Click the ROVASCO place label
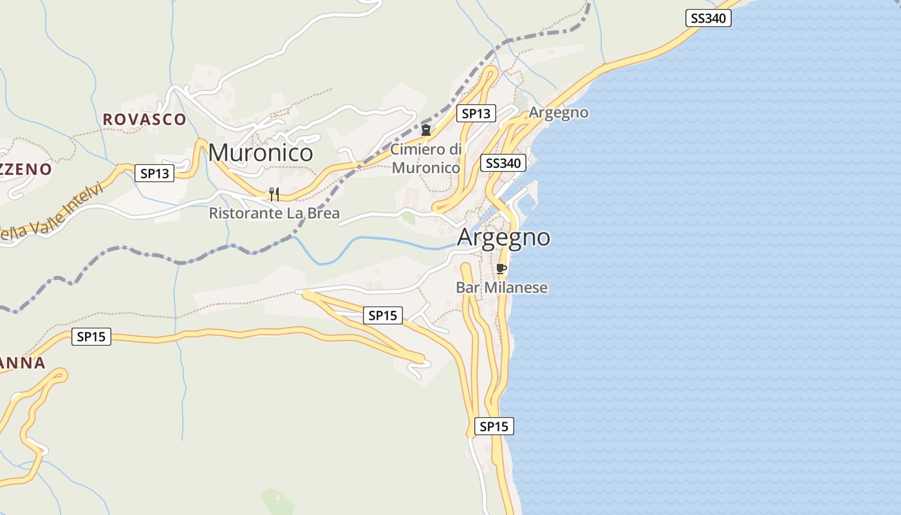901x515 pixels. (144, 119)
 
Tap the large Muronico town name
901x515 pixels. (261, 153)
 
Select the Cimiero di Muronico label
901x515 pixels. (426, 158)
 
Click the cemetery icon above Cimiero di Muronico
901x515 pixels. (425, 131)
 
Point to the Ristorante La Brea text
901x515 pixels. (274, 213)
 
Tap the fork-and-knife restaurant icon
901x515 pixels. (274, 194)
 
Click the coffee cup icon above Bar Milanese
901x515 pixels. (501, 268)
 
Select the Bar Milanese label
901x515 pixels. (501, 287)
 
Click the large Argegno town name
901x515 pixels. (503, 237)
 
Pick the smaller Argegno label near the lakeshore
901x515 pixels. (559, 113)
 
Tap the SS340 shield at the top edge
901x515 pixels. (708, 18)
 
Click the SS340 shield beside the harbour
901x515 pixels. (503, 163)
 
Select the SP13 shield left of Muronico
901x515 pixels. (154, 173)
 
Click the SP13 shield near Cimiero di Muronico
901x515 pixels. (476, 114)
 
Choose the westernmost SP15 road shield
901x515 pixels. (91, 336)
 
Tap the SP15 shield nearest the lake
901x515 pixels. (494, 426)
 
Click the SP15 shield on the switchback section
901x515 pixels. (383, 315)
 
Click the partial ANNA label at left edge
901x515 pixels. (23, 363)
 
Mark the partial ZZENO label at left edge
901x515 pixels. (26, 169)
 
